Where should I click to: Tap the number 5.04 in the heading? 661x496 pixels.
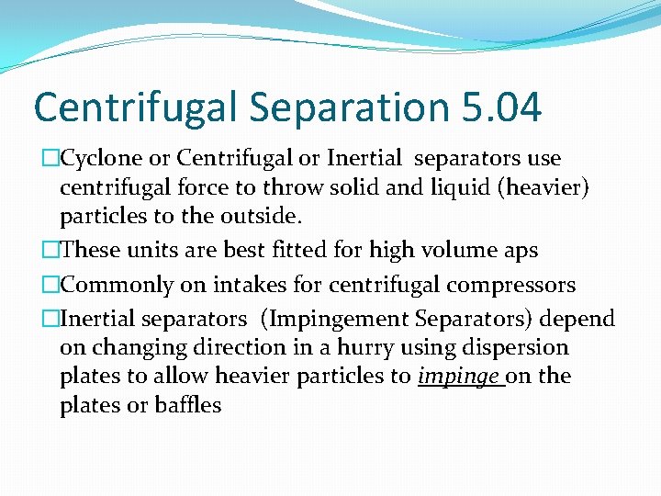click(498, 107)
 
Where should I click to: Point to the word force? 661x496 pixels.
click(219, 188)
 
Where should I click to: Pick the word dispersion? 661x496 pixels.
click(524, 348)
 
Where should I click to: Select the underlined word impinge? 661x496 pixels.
click(459, 377)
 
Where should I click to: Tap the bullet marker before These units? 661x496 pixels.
click(51, 250)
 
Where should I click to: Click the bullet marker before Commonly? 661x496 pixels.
click(51, 285)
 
